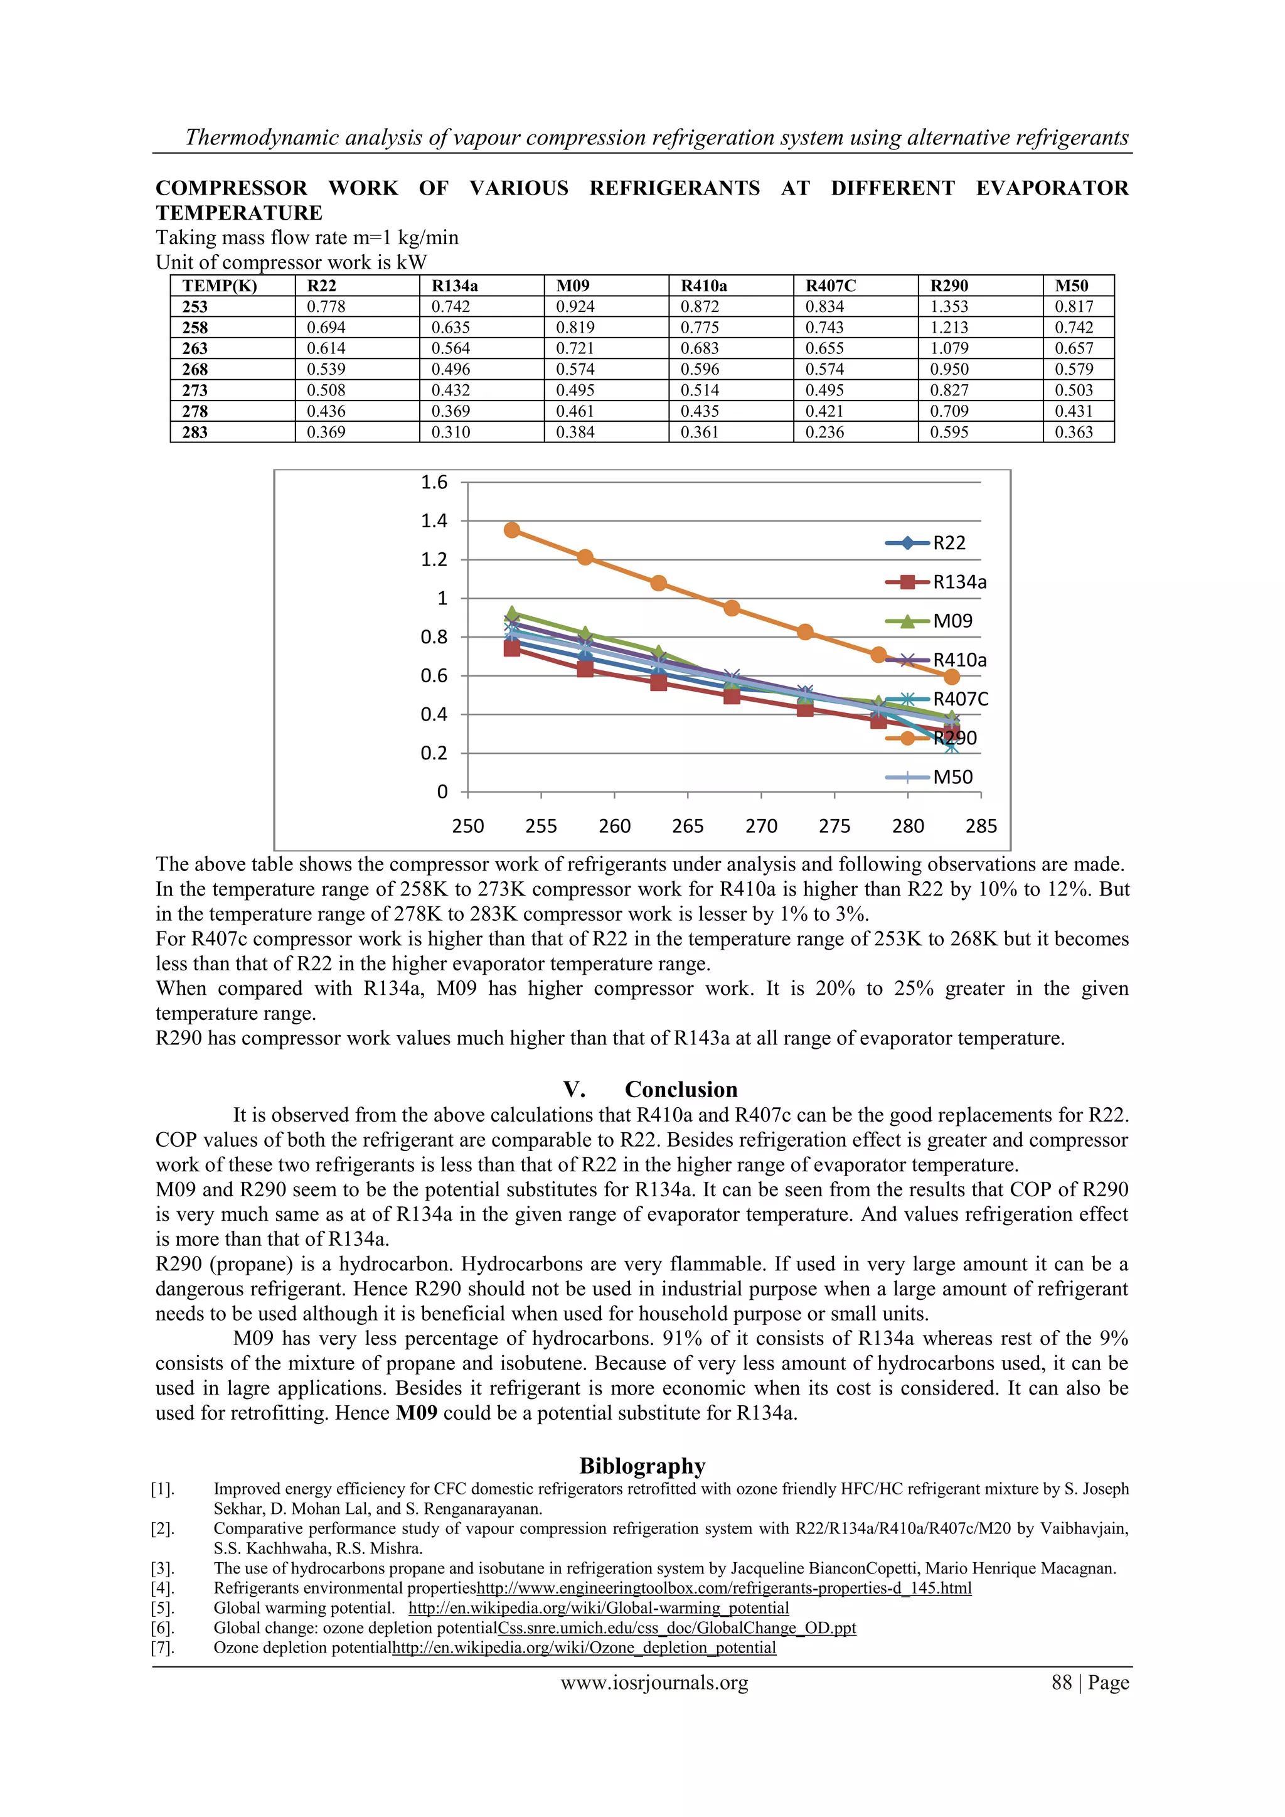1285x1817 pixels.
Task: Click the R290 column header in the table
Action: [949, 286]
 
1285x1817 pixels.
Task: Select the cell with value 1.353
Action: [949, 306]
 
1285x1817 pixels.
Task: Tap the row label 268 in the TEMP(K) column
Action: [195, 370]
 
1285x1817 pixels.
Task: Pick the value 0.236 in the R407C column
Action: [824, 432]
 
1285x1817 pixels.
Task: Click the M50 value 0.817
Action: [1074, 306]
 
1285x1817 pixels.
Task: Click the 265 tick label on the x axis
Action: [688, 826]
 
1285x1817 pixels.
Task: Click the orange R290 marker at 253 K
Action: [512, 530]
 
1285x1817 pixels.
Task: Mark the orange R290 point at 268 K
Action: [732, 608]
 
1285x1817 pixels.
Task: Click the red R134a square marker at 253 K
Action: [512, 648]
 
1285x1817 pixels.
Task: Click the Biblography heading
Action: [642, 1466]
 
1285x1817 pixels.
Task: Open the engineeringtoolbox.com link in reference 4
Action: [724, 1587]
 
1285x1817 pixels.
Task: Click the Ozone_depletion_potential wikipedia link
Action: [584, 1647]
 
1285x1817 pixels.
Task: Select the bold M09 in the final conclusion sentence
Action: [417, 1413]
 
